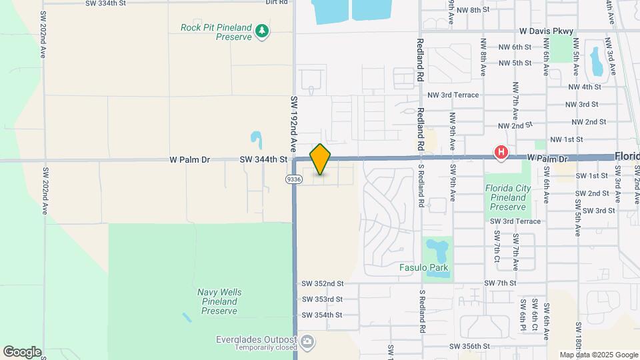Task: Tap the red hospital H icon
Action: [501, 153]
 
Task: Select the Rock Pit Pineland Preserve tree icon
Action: [263, 30]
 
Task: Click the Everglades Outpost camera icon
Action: [307, 343]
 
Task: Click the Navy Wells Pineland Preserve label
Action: [219, 301]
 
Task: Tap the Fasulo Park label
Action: [423, 268]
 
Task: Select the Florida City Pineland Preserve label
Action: [508, 198]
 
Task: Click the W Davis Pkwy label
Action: [547, 31]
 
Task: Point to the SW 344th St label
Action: [264, 159]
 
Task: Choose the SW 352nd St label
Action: [322, 283]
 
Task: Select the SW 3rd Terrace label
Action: [515, 221]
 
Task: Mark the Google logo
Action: [22, 352]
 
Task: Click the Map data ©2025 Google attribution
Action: [599, 355]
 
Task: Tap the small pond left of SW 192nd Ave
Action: [256, 140]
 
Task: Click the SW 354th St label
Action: [322, 315]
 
